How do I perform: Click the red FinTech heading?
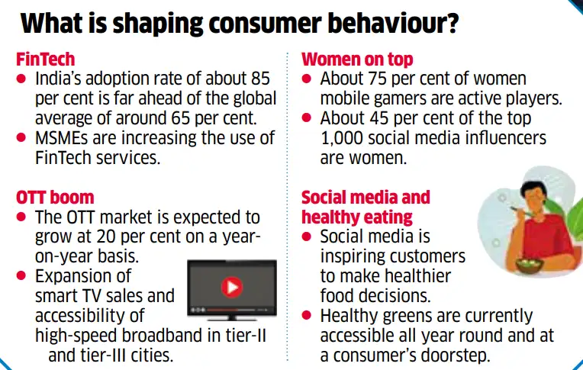click(x=46, y=59)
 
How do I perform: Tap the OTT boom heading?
click(x=54, y=198)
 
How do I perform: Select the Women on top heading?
click(x=357, y=59)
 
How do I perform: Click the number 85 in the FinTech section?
click(x=259, y=79)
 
